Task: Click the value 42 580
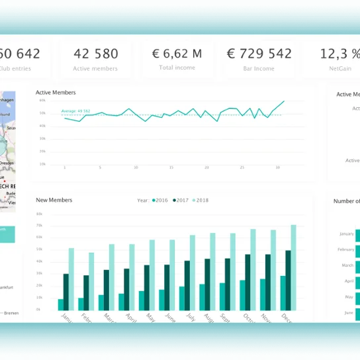coord(96,54)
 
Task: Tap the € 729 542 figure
coord(259,54)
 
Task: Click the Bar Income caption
coord(259,67)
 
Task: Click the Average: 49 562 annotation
coord(75,111)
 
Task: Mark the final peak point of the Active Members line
coord(285,101)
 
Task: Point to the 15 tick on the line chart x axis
coord(171,167)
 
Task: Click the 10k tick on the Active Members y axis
coord(42,163)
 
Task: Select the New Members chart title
coord(54,200)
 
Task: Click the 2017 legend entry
coord(181,200)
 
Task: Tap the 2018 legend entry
coord(200,200)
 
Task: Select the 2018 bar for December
coord(293,267)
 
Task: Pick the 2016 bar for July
coord(181,298)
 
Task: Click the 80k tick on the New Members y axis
coord(40,214)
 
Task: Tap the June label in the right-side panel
coord(347,312)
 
